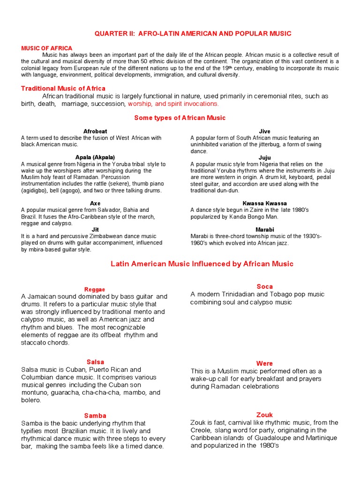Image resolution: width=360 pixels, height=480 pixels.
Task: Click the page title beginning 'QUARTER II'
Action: [x=193, y=33]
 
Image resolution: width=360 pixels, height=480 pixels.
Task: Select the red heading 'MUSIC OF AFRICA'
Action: [x=47, y=48]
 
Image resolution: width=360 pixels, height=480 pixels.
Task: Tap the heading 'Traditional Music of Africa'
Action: [x=63, y=88]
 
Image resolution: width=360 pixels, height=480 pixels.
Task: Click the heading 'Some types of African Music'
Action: [x=180, y=118]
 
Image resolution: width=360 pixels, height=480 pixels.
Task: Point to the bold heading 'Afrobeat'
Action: [x=95, y=131]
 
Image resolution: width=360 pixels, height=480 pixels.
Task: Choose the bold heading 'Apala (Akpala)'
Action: [x=95, y=157]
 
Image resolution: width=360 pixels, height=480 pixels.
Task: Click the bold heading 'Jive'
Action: [x=264, y=131]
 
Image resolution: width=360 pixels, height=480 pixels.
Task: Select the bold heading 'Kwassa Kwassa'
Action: [x=264, y=203]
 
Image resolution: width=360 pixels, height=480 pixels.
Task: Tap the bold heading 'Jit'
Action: [x=95, y=230]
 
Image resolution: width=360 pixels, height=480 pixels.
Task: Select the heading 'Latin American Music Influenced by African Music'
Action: [x=202, y=264]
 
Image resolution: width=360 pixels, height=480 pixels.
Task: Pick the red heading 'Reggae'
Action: [x=95, y=289]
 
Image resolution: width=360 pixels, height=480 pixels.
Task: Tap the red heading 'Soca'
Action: [x=264, y=286]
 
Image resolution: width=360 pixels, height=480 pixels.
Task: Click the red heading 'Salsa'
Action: [x=95, y=362]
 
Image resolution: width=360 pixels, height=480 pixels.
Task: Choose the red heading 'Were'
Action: [x=264, y=363]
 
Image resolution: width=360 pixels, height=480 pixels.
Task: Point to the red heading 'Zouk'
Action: [x=264, y=415]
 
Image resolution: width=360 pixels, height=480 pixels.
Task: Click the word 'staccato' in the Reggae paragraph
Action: [x=35, y=343]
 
